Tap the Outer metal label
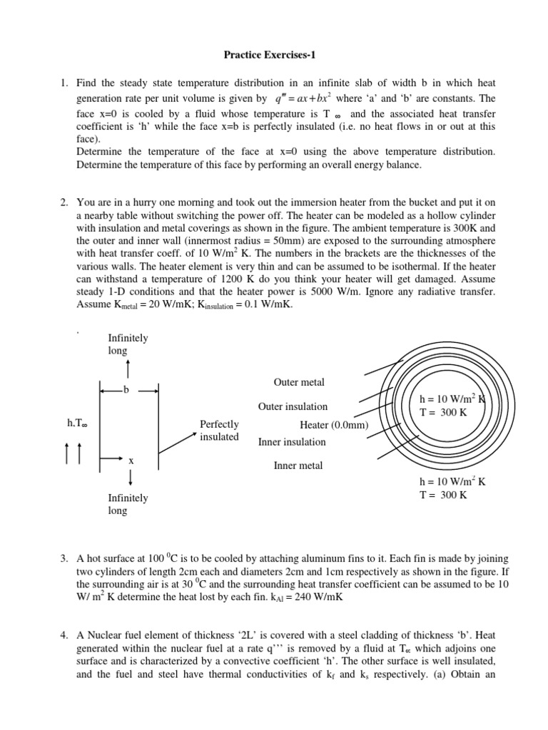(x=298, y=383)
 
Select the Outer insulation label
(x=293, y=406)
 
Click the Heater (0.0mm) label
(x=333, y=424)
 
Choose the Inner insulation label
(x=292, y=442)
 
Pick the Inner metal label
(x=298, y=466)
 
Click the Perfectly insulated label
(x=219, y=431)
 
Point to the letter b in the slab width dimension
(x=126, y=390)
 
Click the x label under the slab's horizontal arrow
(x=131, y=461)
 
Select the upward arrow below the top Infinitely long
(x=128, y=369)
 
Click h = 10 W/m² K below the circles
(x=452, y=481)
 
